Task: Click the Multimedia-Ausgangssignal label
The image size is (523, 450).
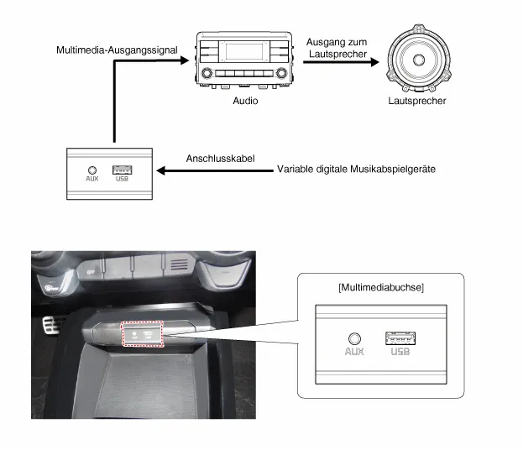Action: coord(117,50)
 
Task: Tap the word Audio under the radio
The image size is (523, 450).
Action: coord(245,101)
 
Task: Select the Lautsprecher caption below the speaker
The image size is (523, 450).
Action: coord(417,101)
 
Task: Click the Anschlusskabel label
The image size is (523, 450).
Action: coord(221,159)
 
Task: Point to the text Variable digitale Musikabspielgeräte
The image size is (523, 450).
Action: coord(356,169)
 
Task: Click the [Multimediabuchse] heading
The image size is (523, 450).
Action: coord(381,287)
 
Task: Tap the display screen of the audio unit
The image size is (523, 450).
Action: coord(244,51)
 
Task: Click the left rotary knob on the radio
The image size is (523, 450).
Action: coord(207,72)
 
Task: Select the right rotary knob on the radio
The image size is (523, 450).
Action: coord(281,72)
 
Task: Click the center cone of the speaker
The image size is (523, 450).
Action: coord(419,60)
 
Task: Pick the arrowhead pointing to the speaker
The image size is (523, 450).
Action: coord(375,62)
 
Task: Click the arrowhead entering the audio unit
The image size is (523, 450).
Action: coord(185,60)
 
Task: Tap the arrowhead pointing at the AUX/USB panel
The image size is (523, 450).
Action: coord(161,170)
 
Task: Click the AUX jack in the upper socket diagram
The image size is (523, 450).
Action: coord(92,170)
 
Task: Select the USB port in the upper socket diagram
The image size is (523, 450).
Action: coord(123,170)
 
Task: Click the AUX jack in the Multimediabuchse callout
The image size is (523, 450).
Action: coord(354,339)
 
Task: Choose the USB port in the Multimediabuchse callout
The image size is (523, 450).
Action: coord(400,338)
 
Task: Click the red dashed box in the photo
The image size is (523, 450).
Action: coord(143,334)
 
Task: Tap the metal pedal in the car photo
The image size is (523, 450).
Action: coord(51,326)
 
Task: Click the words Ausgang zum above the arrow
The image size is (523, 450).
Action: coord(337,42)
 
